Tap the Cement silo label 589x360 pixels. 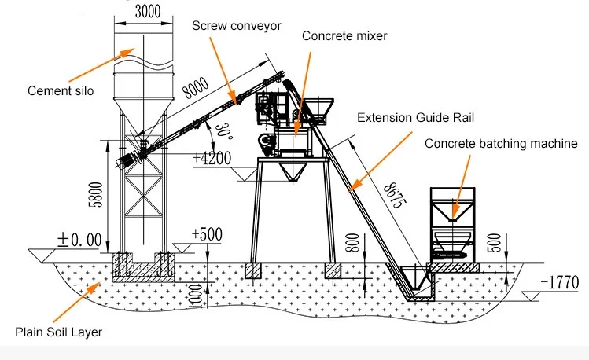[x=60, y=90]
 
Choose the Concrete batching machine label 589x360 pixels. [x=501, y=143]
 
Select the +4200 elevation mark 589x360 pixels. [x=212, y=157]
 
